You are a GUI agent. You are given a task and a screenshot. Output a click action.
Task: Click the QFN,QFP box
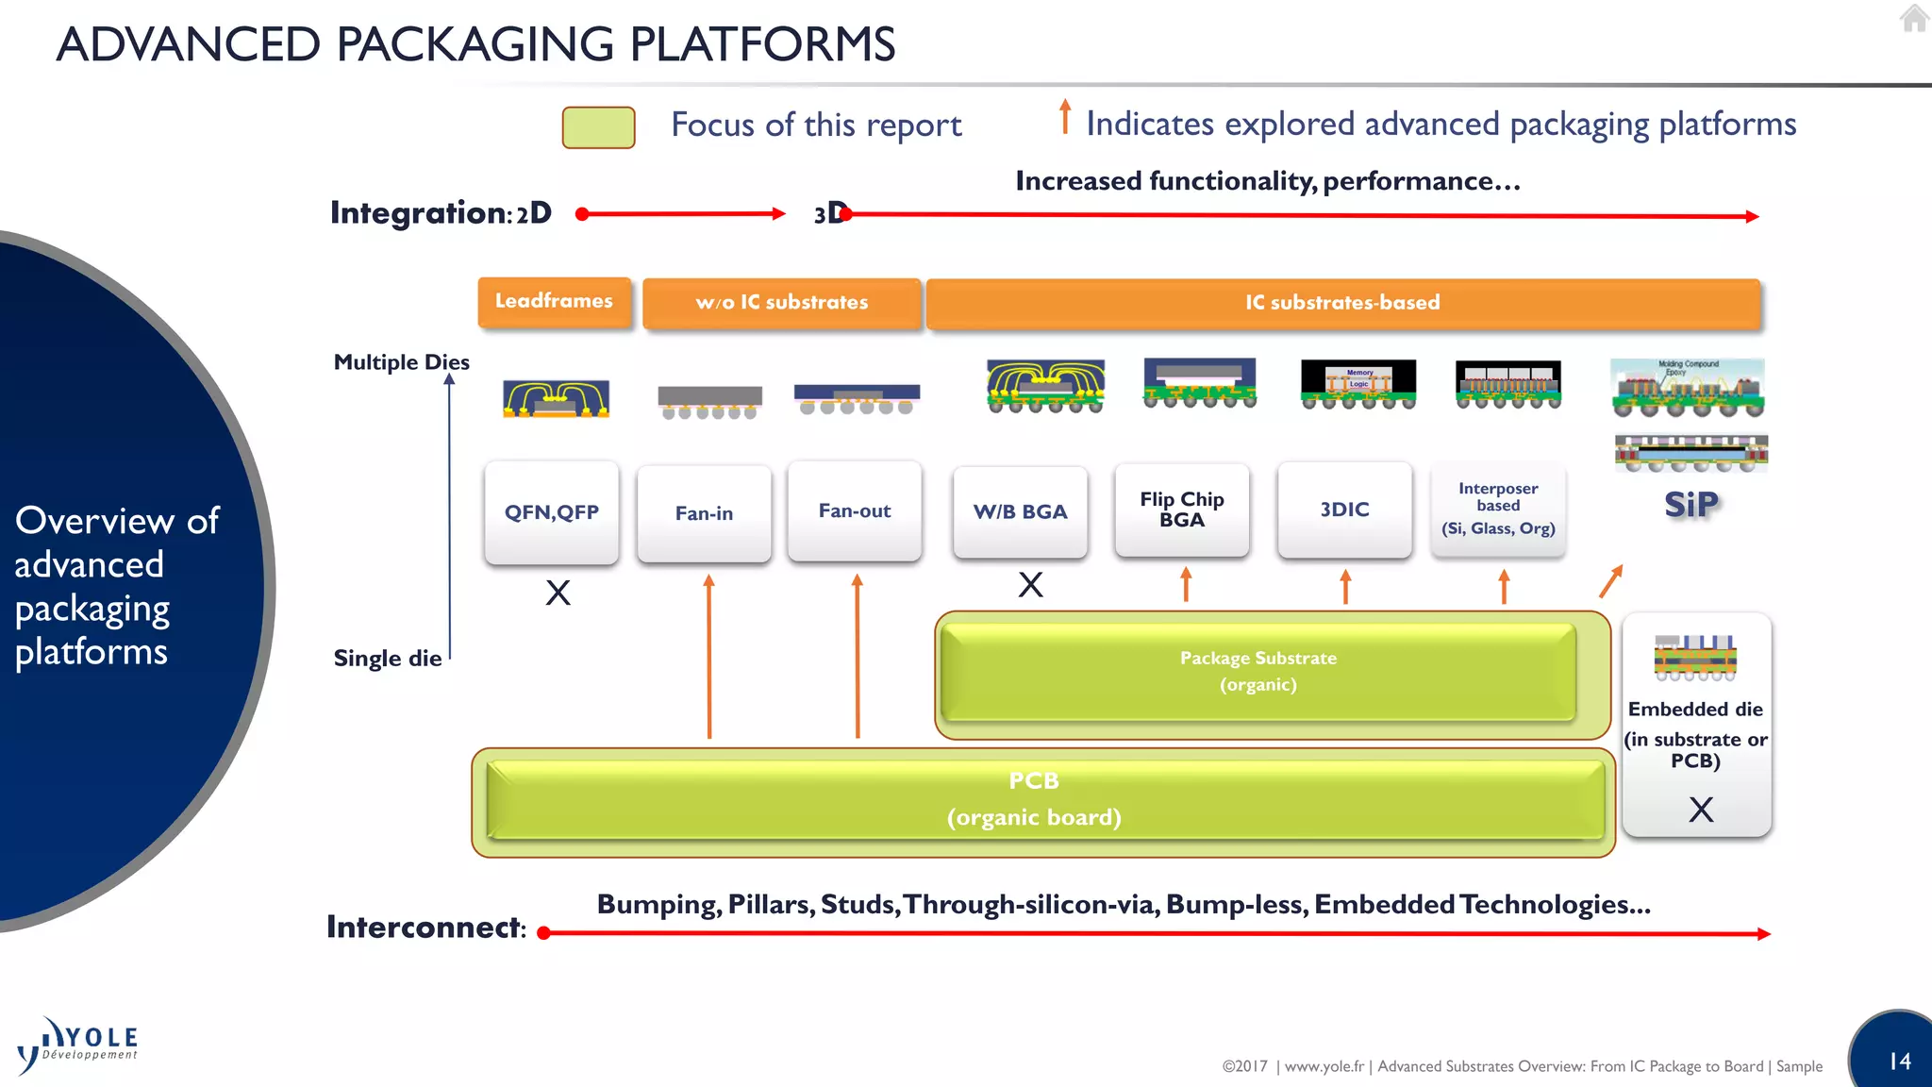[x=552, y=512]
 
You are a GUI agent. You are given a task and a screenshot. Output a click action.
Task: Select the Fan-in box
[x=704, y=513]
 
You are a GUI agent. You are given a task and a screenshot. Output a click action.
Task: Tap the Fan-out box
[x=855, y=510]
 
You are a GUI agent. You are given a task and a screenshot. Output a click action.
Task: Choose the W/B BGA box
[x=1021, y=511]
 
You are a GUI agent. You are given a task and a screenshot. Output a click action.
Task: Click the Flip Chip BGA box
[x=1181, y=510]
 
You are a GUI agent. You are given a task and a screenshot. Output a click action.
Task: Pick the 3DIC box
[x=1344, y=510]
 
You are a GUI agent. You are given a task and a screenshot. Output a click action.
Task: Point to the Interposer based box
[x=1498, y=510]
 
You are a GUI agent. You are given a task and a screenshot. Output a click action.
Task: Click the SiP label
[x=1691, y=505]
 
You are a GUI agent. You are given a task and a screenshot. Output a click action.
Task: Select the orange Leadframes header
[x=554, y=301]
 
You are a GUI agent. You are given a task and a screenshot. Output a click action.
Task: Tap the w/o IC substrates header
[x=782, y=303]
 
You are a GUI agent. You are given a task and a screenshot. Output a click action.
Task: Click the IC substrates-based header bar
[x=1342, y=303]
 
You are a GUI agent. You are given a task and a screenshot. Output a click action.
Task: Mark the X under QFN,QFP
[x=558, y=593]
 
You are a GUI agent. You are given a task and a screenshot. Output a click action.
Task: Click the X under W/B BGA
[x=1030, y=585]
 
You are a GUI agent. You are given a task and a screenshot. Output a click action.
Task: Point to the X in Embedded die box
[x=1701, y=809]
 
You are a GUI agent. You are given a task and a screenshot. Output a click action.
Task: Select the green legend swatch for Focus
[x=598, y=127]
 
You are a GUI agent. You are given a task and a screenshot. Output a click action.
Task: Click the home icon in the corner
[x=1914, y=18]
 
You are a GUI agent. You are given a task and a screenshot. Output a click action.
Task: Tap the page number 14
[x=1900, y=1061]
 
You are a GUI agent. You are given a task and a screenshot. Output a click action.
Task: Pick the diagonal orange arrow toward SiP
[x=1611, y=580]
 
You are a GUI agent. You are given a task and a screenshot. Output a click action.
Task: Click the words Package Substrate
[x=1257, y=658]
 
